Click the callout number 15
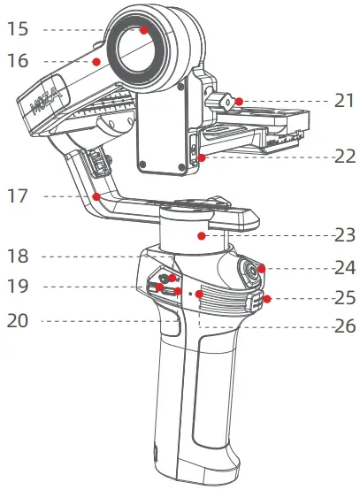click(18, 29)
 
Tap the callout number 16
click(18, 61)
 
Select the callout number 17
click(18, 196)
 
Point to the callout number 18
click(18, 256)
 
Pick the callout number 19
click(18, 286)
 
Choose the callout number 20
click(18, 321)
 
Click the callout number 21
click(344, 101)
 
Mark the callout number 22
click(345, 156)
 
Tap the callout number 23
click(345, 235)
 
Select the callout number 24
click(345, 268)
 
